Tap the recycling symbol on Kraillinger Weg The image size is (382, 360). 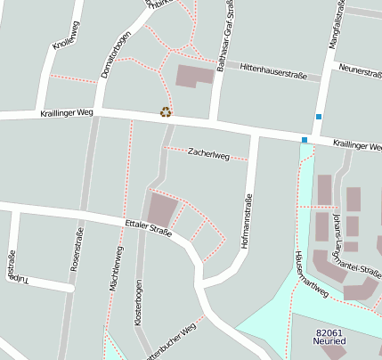(x=166, y=112)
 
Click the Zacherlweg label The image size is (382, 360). (x=208, y=154)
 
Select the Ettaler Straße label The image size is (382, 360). (x=148, y=229)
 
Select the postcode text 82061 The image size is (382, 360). (x=329, y=333)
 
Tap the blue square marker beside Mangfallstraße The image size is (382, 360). (x=318, y=117)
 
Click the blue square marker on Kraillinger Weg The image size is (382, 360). (x=305, y=140)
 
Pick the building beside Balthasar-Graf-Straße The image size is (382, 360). (x=195, y=75)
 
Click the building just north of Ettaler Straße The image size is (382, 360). (x=163, y=209)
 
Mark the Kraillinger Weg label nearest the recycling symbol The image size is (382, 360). (x=66, y=114)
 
